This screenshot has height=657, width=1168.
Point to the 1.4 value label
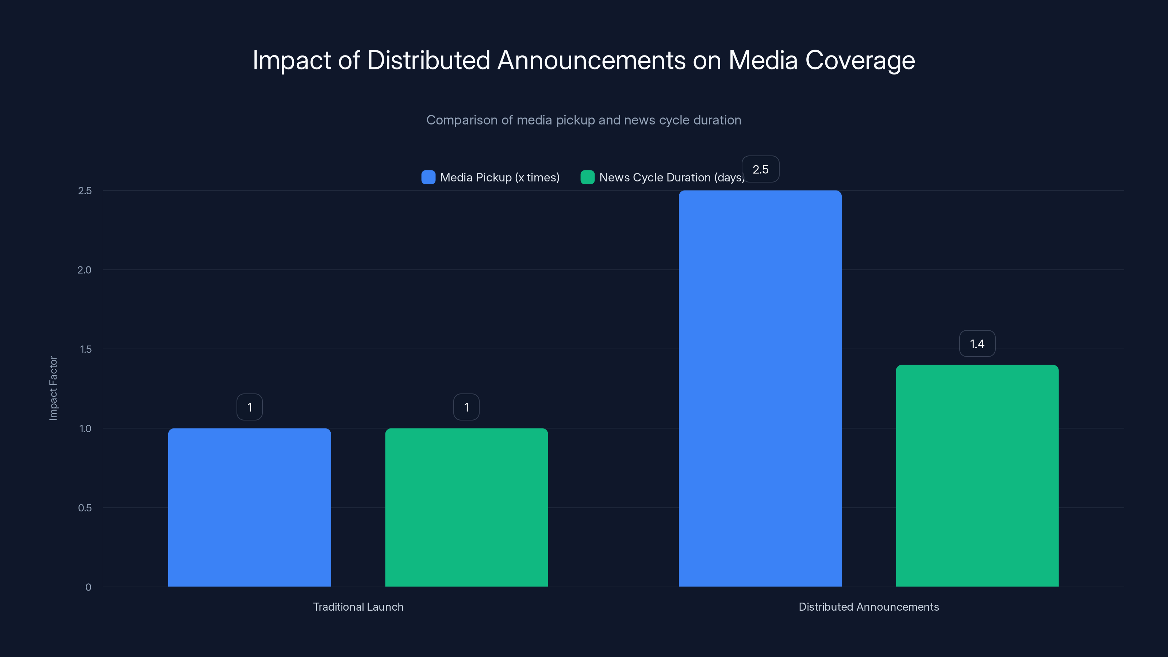click(x=977, y=344)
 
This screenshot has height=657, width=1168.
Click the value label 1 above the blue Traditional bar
click(x=249, y=407)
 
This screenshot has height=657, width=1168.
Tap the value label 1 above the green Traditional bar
click(x=466, y=407)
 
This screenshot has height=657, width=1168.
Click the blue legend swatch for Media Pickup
click(x=428, y=177)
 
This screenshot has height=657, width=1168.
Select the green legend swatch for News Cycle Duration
click(x=587, y=177)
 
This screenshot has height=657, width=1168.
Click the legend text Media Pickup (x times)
click(x=500, y=177)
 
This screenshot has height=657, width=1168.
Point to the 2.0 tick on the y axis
click(x=84, y=270)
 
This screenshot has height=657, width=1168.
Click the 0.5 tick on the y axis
click(x=85, y=508)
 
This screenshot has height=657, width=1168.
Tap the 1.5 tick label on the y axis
click(x=85, y=349)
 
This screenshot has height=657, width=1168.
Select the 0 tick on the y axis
click(x=88, y=587)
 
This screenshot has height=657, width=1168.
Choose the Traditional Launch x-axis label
click(x=358, y=607)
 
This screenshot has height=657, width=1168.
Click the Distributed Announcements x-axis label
click(x=868, y=607)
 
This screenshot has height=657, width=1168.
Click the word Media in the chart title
click(x=762, y=60)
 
